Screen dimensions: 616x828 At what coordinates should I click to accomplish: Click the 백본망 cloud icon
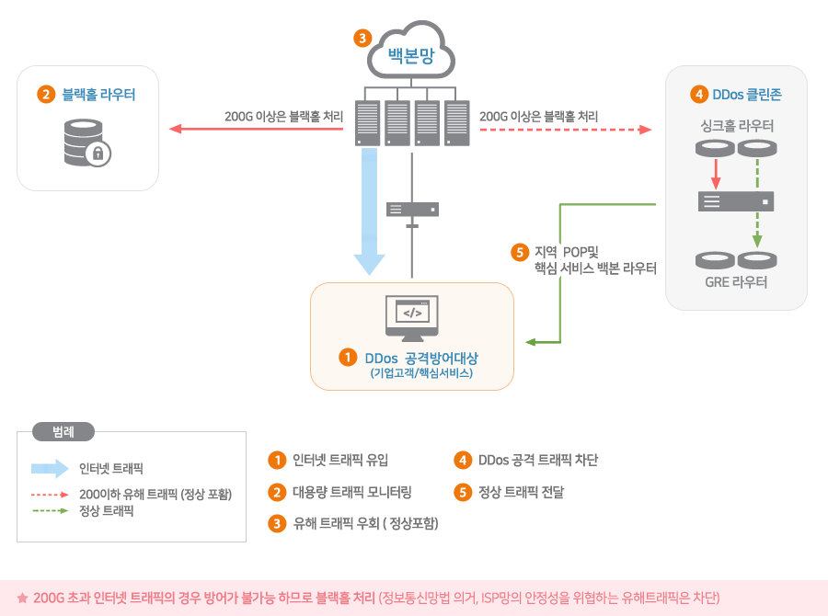(x=410, y=53)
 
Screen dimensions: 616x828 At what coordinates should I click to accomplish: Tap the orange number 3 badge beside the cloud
(x=363, y=38)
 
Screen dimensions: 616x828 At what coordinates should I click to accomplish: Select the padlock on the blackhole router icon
(x=97, y=154)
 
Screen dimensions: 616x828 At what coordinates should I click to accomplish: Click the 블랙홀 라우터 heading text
(x=98, y=94)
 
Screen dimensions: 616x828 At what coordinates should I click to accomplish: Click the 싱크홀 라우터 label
(x=736, y=125)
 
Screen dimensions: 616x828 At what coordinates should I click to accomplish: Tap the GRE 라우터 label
(x=736, y=282)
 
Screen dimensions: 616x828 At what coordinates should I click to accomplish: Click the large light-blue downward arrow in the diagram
(x=369, y=211)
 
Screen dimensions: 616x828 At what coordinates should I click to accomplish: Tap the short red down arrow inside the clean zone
(x=716, y=173)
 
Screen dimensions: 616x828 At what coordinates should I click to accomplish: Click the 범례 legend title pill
(x=63, y=430)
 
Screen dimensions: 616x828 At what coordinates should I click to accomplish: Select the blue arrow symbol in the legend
(x=50, y=468)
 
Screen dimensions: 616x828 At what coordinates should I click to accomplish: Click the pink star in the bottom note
(x=22, y=598)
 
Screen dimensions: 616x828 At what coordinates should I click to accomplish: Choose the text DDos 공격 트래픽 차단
(x=538, y=460)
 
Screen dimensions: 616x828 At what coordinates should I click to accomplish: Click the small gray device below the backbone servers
(x=412, y=209)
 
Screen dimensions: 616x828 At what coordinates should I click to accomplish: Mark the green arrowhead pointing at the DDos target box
(x=531, y=342)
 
